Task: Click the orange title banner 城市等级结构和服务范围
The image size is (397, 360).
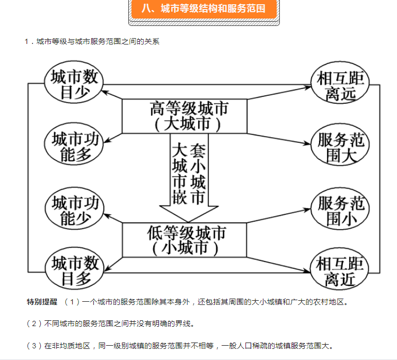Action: (x=204, y=9)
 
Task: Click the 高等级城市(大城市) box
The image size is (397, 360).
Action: (x=184, y=116)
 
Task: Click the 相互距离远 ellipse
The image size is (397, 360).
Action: (x=340, y=85)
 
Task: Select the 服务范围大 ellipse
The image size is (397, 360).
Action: (x=340, y=146)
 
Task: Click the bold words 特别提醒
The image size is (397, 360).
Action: (x=42, y=302)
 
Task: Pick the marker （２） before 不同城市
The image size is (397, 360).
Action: (x=34, y=323)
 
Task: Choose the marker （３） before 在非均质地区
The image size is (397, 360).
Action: (x=34, y=346)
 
